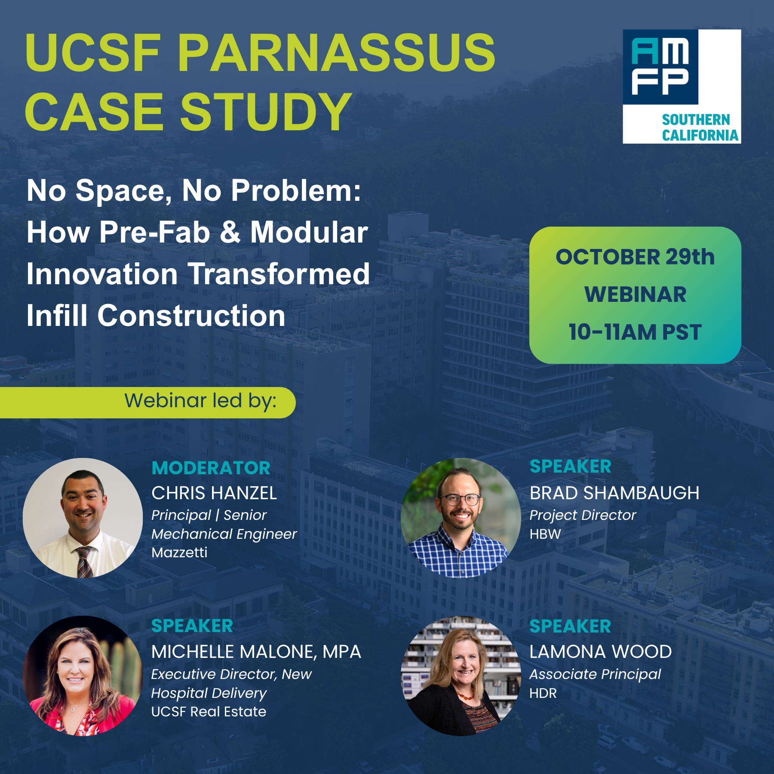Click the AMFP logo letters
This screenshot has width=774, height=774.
(660, 67)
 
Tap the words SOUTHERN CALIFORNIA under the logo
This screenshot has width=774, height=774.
(700, 127)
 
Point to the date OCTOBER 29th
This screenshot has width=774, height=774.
(635, 257)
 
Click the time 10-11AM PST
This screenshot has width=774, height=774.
(635, 332)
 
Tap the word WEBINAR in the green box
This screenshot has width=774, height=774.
(635, 295)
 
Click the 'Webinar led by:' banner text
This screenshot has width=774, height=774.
(200, 401)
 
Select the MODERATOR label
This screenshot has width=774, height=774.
(211, 468)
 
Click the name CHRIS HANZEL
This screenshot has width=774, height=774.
(214, 493)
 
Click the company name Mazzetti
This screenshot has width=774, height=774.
(179, 552)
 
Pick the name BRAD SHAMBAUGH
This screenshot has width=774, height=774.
(614, 493)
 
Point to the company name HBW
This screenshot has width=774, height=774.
(545, 534)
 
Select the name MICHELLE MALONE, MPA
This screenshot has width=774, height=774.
(256, 652)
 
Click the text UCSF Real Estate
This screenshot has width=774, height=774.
(209, 712)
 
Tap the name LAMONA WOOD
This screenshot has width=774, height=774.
(600, 652)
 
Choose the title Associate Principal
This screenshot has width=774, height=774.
(595, 675)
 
